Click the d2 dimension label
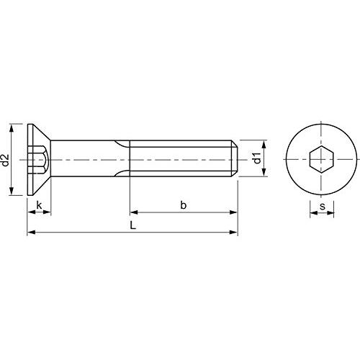tap(5, 160)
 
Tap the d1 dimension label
tap(257, 158)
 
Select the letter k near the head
tap(39, 205)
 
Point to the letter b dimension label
tap(184, 205)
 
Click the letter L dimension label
tap(133, 225)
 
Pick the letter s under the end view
tap(323, 206)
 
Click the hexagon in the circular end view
tap(321, 159)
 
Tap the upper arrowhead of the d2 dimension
tap(11, 128)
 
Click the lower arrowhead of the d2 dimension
tap(11, 192)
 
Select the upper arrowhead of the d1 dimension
tap(264, 145)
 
